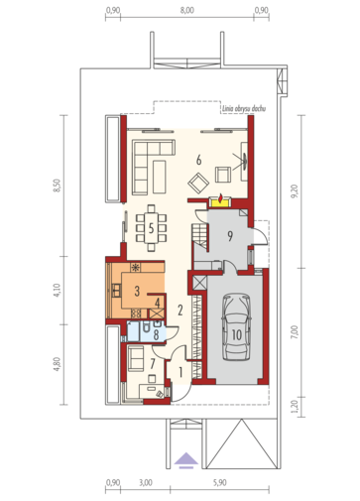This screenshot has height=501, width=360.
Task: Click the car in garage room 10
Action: tap(237, 327)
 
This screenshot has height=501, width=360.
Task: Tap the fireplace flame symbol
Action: tap(220, 197)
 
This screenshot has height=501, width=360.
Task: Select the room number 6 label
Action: tap(198, 161)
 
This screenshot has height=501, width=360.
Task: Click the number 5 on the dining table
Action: tap(151, 228)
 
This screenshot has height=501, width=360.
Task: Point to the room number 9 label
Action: tap(230, 236)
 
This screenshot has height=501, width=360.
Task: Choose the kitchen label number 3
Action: tap(137, 291)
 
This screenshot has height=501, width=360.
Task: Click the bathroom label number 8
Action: tap(156, 334)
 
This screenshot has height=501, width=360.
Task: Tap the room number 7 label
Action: tap(153, 363)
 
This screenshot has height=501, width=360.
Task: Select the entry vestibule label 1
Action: tap(180, 372)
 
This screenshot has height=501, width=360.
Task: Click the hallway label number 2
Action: tap(180, 311)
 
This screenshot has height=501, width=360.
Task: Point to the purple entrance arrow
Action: tap(186, 460)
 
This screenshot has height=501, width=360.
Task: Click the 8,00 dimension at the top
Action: tap(187, 10)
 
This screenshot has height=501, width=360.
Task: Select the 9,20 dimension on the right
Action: tap(295, 191)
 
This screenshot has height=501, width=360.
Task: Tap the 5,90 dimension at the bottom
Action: tap(220, 482)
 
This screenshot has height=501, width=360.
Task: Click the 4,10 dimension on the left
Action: tap(57, 290)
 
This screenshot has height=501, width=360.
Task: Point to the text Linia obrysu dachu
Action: tap(244, 108)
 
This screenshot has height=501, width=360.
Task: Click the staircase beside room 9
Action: tap(199, 236)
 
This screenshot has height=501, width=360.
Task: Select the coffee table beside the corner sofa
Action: tap(160, 177)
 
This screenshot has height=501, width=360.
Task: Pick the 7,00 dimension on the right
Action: tap(295, 332)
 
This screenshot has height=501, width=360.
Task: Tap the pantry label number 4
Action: tap(158, 303)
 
